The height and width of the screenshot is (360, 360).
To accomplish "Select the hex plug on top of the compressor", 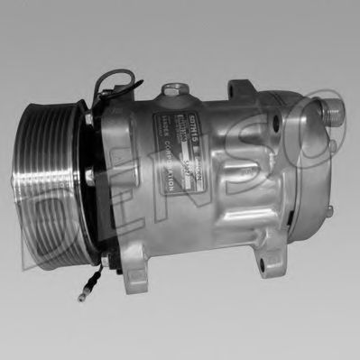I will (x=173, y=91).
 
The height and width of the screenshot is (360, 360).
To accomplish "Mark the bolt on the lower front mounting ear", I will (x=106, y=263).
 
